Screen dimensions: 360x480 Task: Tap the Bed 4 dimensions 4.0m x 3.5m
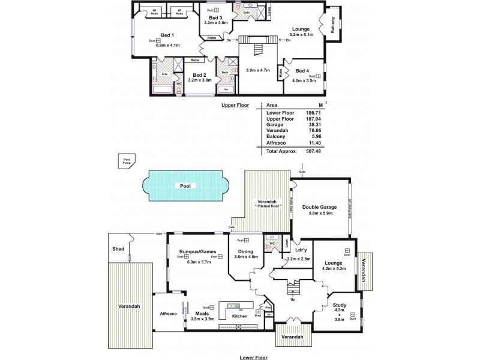coord(303,82)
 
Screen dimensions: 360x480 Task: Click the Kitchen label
coord(239,316)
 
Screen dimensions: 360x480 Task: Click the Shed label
coord(118,247)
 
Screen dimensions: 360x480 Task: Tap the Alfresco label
coord(167,313)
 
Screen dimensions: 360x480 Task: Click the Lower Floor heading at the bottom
coord(253,356)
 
